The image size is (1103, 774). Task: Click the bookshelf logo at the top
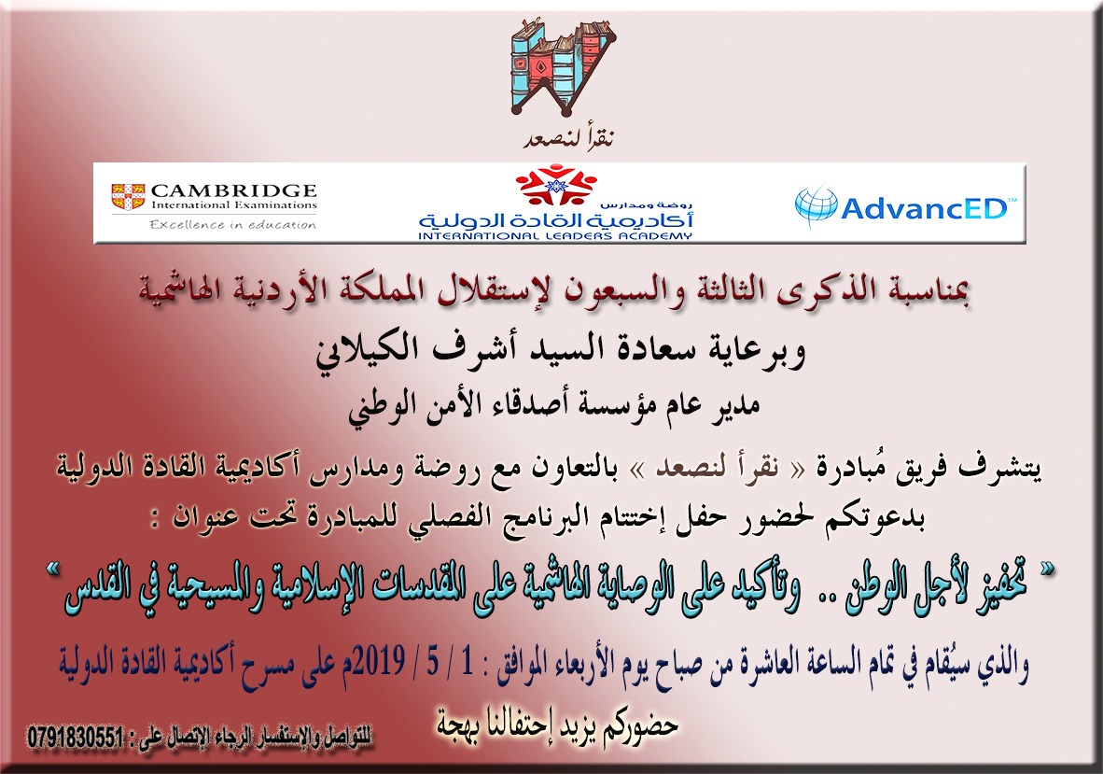pos(558,68)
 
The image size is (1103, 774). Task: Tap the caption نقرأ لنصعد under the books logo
pos(569,137)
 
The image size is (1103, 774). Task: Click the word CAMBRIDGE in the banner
pos(234,190)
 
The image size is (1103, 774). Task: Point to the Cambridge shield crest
pos(129,196)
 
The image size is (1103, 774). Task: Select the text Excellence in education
pos(233,224)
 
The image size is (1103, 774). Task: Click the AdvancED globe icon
pos(816,204)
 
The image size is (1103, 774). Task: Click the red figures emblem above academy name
pos(556,184)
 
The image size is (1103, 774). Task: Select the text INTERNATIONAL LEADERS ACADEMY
pos(555,235)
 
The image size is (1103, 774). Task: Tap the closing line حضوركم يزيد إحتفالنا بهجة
pos(557,725)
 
